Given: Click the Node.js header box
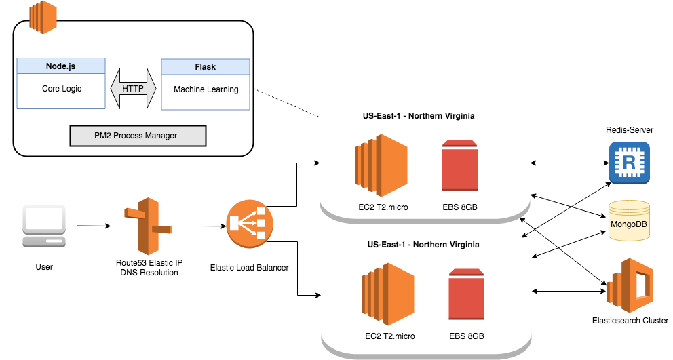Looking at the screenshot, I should [61, 66].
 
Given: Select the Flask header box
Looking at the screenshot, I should [205, 67].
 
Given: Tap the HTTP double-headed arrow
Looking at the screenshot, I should [133, 89].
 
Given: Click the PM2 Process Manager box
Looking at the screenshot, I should [138, 136].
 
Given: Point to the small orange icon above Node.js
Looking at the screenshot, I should [43, 17].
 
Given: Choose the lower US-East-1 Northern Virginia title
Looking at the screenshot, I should [423, 245].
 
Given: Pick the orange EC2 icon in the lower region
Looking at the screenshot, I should [388, 292].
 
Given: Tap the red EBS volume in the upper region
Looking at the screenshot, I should [459, 165].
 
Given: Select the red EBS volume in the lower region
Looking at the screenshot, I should [467, 294].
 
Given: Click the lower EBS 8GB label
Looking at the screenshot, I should [467, 336].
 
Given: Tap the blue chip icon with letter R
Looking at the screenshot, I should [630, 163].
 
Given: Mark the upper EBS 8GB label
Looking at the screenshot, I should [459, 207].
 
